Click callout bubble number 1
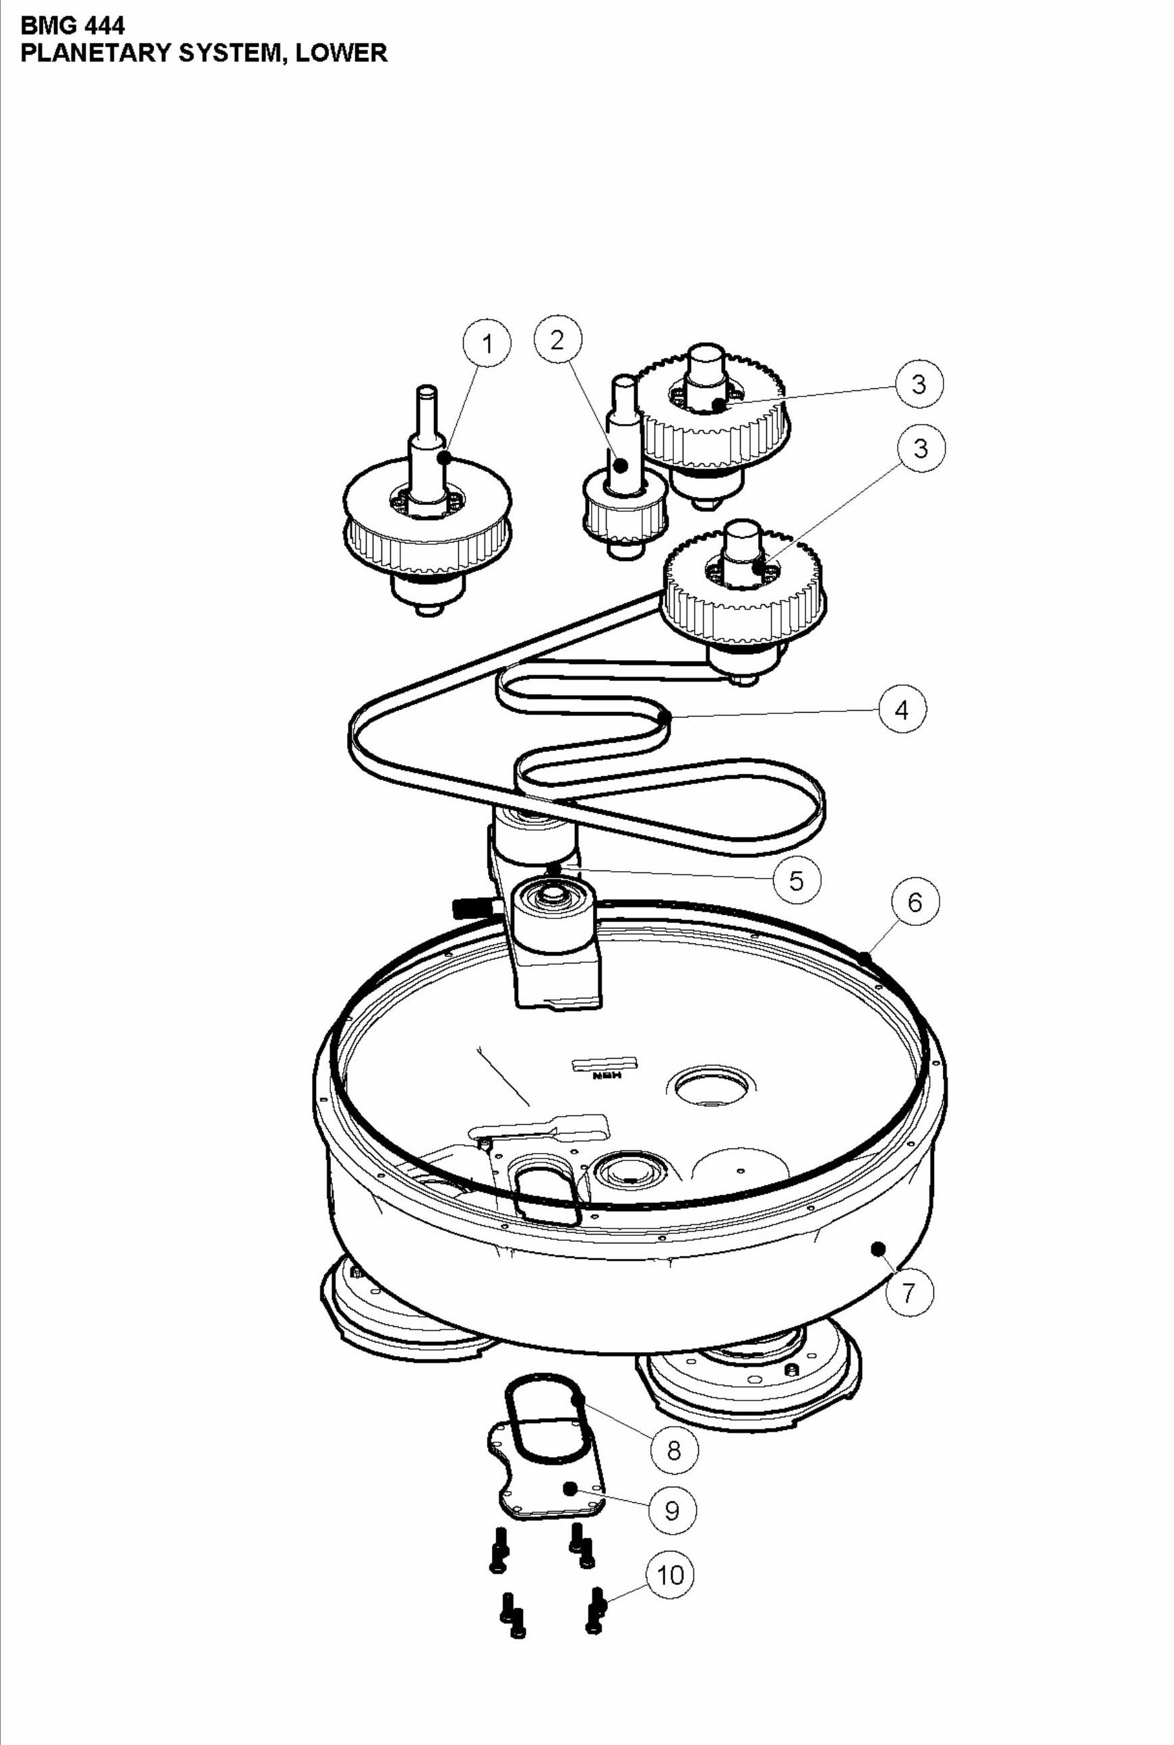(487, 344)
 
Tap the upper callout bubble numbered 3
(919, 385)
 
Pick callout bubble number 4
(902, 709)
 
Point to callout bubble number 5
(797, 880)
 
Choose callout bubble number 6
(915, 902)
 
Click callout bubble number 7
(909, 1292)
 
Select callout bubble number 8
(674, 1450)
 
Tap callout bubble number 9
(672, 1510)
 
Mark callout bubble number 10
(669, 1575)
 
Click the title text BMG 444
(73, 26)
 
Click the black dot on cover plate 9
(571, 1487)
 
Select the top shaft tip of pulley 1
(427, 390)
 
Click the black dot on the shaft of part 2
(621, 465)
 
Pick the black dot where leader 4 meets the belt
(663, 718)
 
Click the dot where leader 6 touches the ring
(865, 956)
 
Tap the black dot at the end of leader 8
(578, 1399)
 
